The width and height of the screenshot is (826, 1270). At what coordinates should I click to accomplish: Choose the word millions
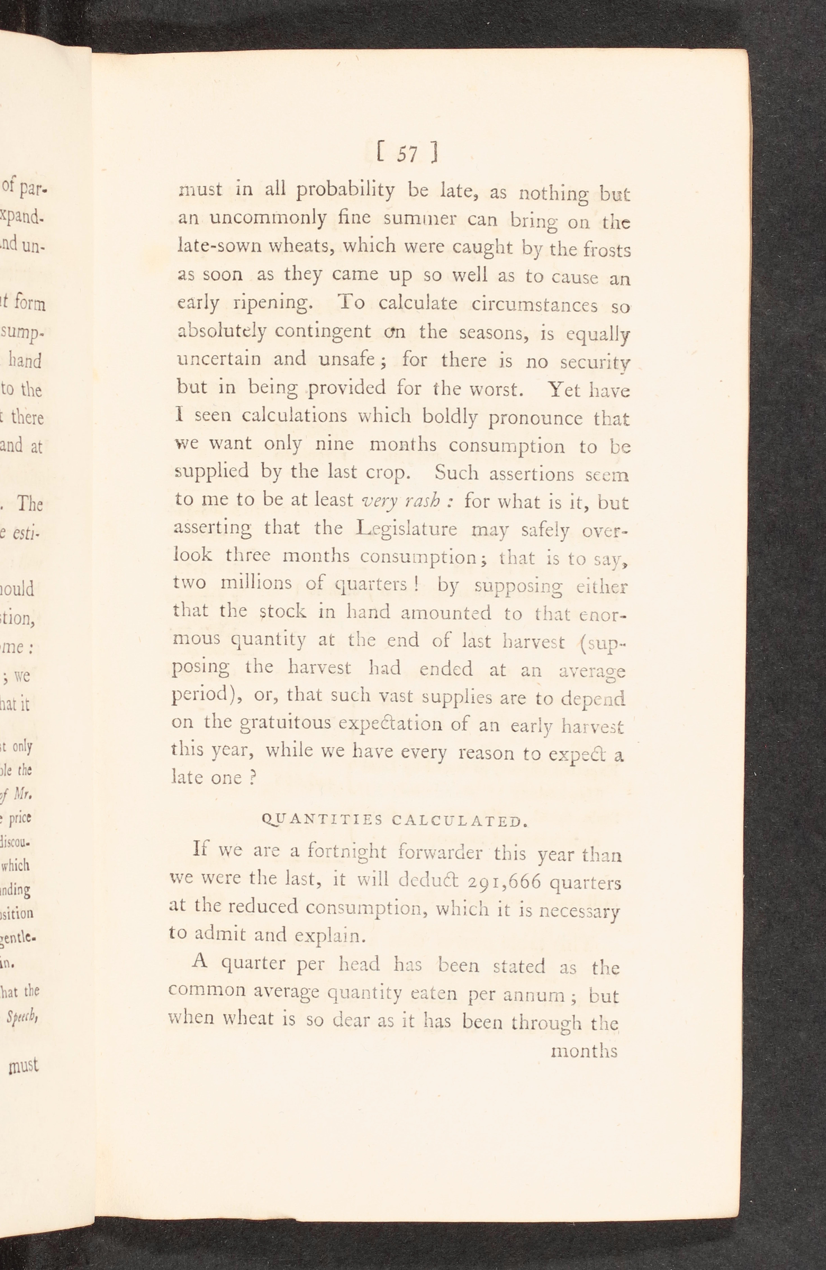pyautogui.click(x=256, y=583)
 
